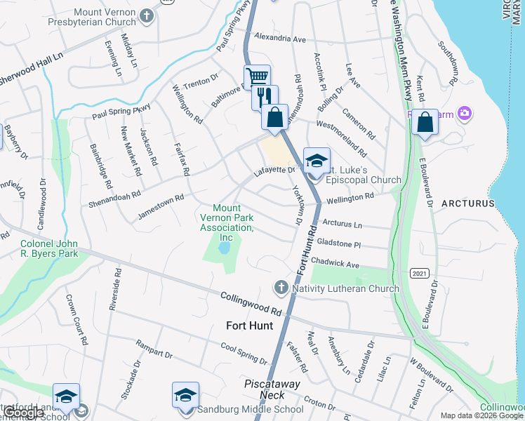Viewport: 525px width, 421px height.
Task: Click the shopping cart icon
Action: click(x=258, y=76)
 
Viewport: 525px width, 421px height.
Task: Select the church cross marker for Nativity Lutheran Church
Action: click(x=281, y=286)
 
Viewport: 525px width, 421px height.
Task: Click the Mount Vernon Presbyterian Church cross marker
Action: click(x=146, y=15)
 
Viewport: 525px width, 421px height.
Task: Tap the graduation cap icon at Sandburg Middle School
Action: click(x=185, y=394)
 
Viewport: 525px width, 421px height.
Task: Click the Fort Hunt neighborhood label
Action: click(x=254, y=326)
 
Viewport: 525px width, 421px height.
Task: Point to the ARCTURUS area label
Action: click(x=468, y=203)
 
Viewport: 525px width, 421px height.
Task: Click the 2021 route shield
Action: click(x=420, y=273)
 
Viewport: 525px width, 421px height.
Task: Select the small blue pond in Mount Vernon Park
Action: click(x=224, y=248)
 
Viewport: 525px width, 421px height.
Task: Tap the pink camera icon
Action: click(x=463, y=113)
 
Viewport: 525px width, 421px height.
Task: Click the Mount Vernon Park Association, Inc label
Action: click(x=227, y=218)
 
